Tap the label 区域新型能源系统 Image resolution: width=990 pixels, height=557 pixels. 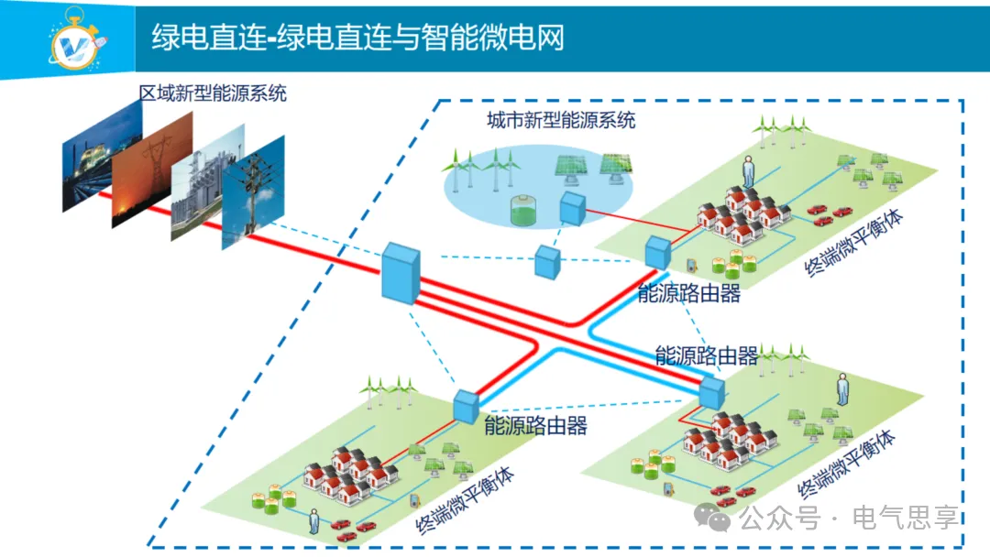tap(212, 93)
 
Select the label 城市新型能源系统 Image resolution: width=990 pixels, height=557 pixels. tap(560, 120)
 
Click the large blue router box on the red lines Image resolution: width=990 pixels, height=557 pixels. tap(401, 272)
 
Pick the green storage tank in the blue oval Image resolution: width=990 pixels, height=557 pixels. tap(525, 211)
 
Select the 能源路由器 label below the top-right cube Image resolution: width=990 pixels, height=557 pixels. tap(688, 294)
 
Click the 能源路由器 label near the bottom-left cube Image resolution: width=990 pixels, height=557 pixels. tap(535, 425)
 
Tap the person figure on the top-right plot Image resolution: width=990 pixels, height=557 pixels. tap(748, 171)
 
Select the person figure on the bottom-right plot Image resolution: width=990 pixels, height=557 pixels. tap(841, 388)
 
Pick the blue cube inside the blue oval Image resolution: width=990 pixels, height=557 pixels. tap(573, 209)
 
